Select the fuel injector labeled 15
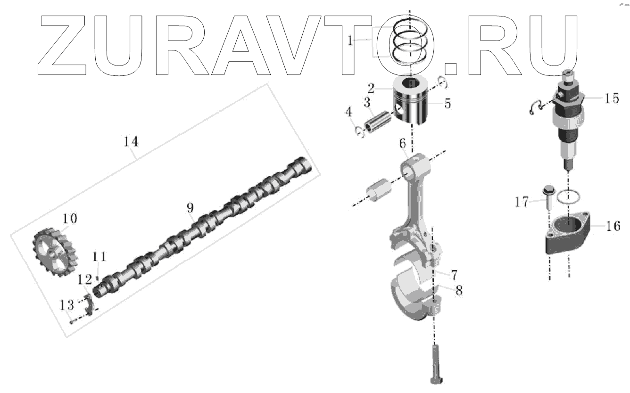568,118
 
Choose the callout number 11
99,257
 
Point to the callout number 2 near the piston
371,88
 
